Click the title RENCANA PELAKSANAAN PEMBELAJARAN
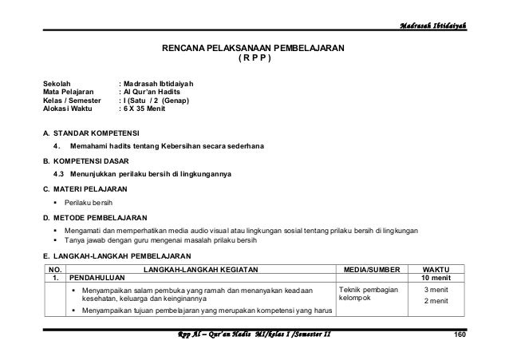coord(254,49)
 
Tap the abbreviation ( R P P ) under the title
coord(254,60)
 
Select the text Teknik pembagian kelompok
coord(367,295)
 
